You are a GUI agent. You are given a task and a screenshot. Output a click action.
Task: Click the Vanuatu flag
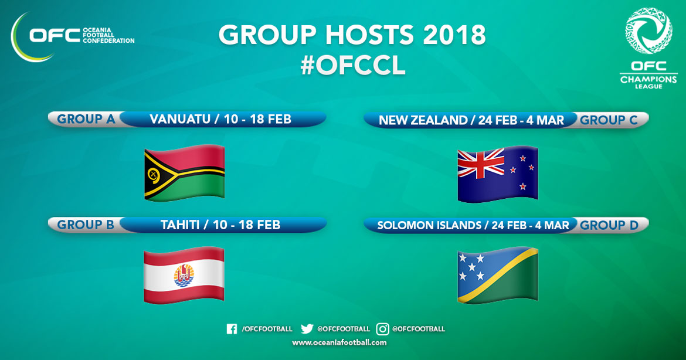[x=184, y=173]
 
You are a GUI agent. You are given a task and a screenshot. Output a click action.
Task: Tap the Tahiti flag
[x=184, y=275]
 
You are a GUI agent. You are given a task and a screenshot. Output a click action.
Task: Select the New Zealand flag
[x=497, y=174]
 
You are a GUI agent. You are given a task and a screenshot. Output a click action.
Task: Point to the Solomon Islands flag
[x=497, y=275]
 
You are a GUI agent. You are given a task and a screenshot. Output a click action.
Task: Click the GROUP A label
[x=86, y=119]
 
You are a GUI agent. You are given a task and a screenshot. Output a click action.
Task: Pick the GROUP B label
[x=86, y=225]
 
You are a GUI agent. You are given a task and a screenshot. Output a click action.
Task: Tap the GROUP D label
[x=609, y=225]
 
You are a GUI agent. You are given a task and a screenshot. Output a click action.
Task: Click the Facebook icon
[x=232, y=329]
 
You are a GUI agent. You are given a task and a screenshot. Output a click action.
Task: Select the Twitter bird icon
[x=307, y=328]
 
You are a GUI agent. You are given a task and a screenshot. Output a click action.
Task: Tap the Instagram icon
[x=382, y=329]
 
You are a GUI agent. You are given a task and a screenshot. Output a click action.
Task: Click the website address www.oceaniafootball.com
[x=339, y=342]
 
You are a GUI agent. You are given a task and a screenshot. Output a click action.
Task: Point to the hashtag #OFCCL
[x=353, y=66]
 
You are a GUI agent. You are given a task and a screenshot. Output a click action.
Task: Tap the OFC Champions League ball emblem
[x=648, y=30]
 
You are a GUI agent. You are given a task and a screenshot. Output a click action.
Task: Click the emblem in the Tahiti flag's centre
[x=184, y=275]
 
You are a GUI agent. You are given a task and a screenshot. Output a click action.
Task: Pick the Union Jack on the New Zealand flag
[x=481, y=164]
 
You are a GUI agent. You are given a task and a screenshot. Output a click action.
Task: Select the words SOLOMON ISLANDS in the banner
[x=429, y=225]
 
